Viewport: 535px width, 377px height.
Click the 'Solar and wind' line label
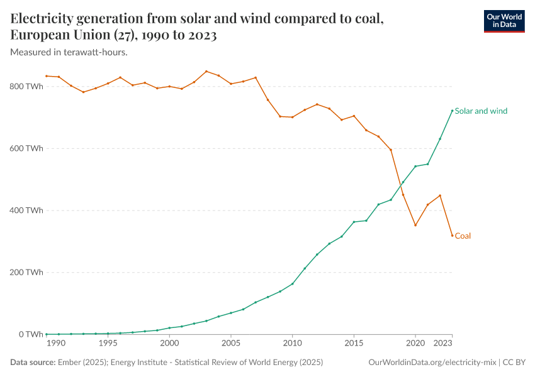click(x=481, y=111)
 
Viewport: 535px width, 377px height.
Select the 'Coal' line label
click(x=463, y=236)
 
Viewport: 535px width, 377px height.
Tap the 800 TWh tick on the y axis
click(x=26, y=87)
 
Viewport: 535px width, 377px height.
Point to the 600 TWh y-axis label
click(x=26, y=149)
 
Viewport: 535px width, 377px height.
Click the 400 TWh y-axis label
click(x=26, y=210)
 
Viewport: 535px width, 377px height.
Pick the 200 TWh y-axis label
click(x=26, y=273)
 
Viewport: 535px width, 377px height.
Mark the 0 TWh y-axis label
click(x=30, y=334)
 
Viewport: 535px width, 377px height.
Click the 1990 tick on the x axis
click(x=55, y=344)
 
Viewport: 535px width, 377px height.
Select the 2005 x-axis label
click(x=231, y=344)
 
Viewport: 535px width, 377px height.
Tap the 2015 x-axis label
click(x=354, y=344)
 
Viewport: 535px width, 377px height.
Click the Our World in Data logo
click(x=504, y=21)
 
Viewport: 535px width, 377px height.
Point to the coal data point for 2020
click(x=415, y=225)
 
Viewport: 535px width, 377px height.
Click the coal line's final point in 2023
click(x=452, y=236)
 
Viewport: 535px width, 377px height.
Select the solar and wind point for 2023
click(x=452, y=111)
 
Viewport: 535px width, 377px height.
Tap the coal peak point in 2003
click(x=206, y=71)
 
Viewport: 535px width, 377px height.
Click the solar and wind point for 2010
click(x=293, y=284)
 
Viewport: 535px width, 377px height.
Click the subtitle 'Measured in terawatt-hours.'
click(x=69, y=52)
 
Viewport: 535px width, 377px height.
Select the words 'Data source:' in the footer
click(x=32, y=363)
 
